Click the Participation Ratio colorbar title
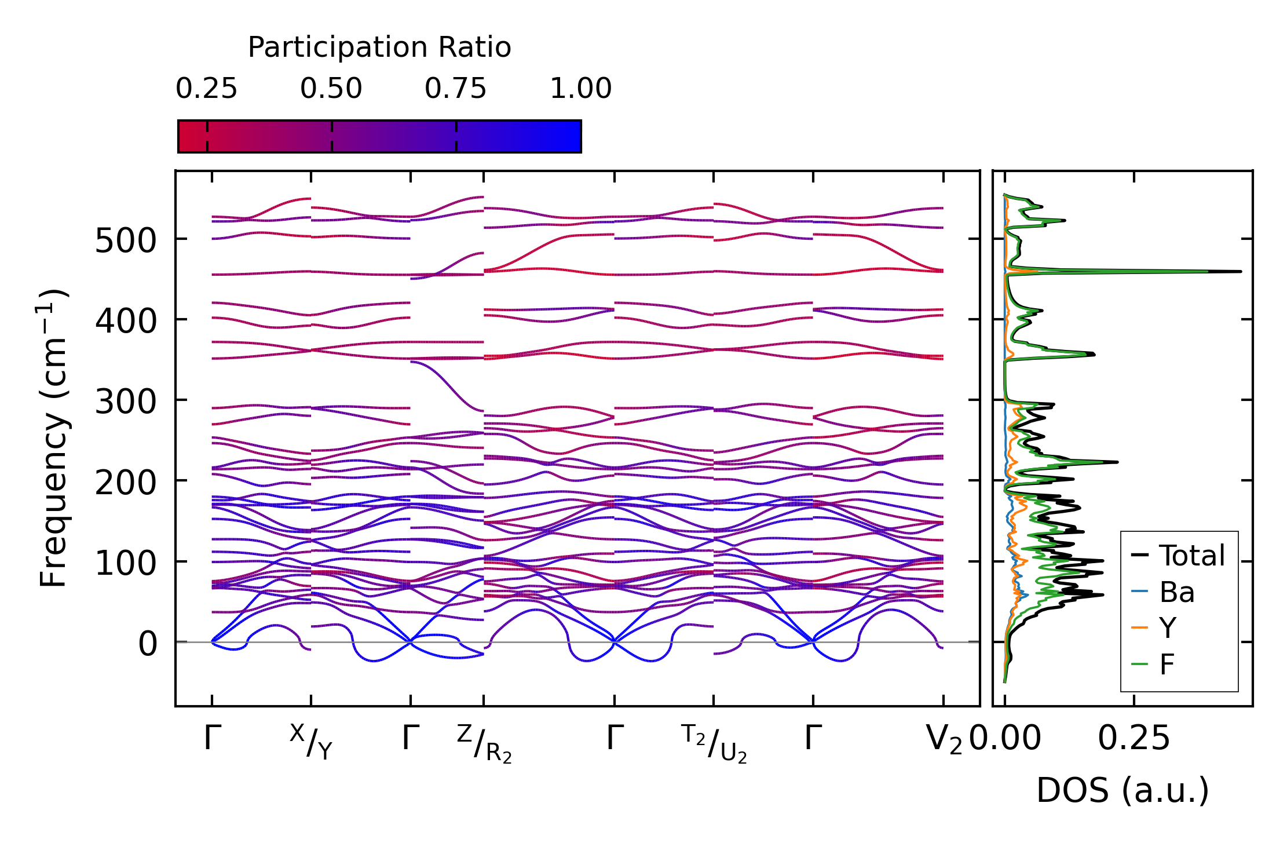tap(379, 48)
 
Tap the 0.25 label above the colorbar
tap(206, 89)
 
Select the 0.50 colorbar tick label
tap(331, 89)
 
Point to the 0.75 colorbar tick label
tap(455, 89)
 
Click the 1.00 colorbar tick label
tap(580, 89)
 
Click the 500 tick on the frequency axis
tap(126, 240)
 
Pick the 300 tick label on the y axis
tap(126, 401)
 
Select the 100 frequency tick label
tap(126, 563)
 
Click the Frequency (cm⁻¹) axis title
tap(54, 438)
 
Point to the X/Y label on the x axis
tap(311, 742)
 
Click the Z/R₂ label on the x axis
tap(484, 743)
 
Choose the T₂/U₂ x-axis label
tap(714, 743)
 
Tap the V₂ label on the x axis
tap(944, 740)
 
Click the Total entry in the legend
tap(1178, 556)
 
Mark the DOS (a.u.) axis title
tap(1123, 790)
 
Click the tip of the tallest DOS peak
tap(1241, 271)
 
